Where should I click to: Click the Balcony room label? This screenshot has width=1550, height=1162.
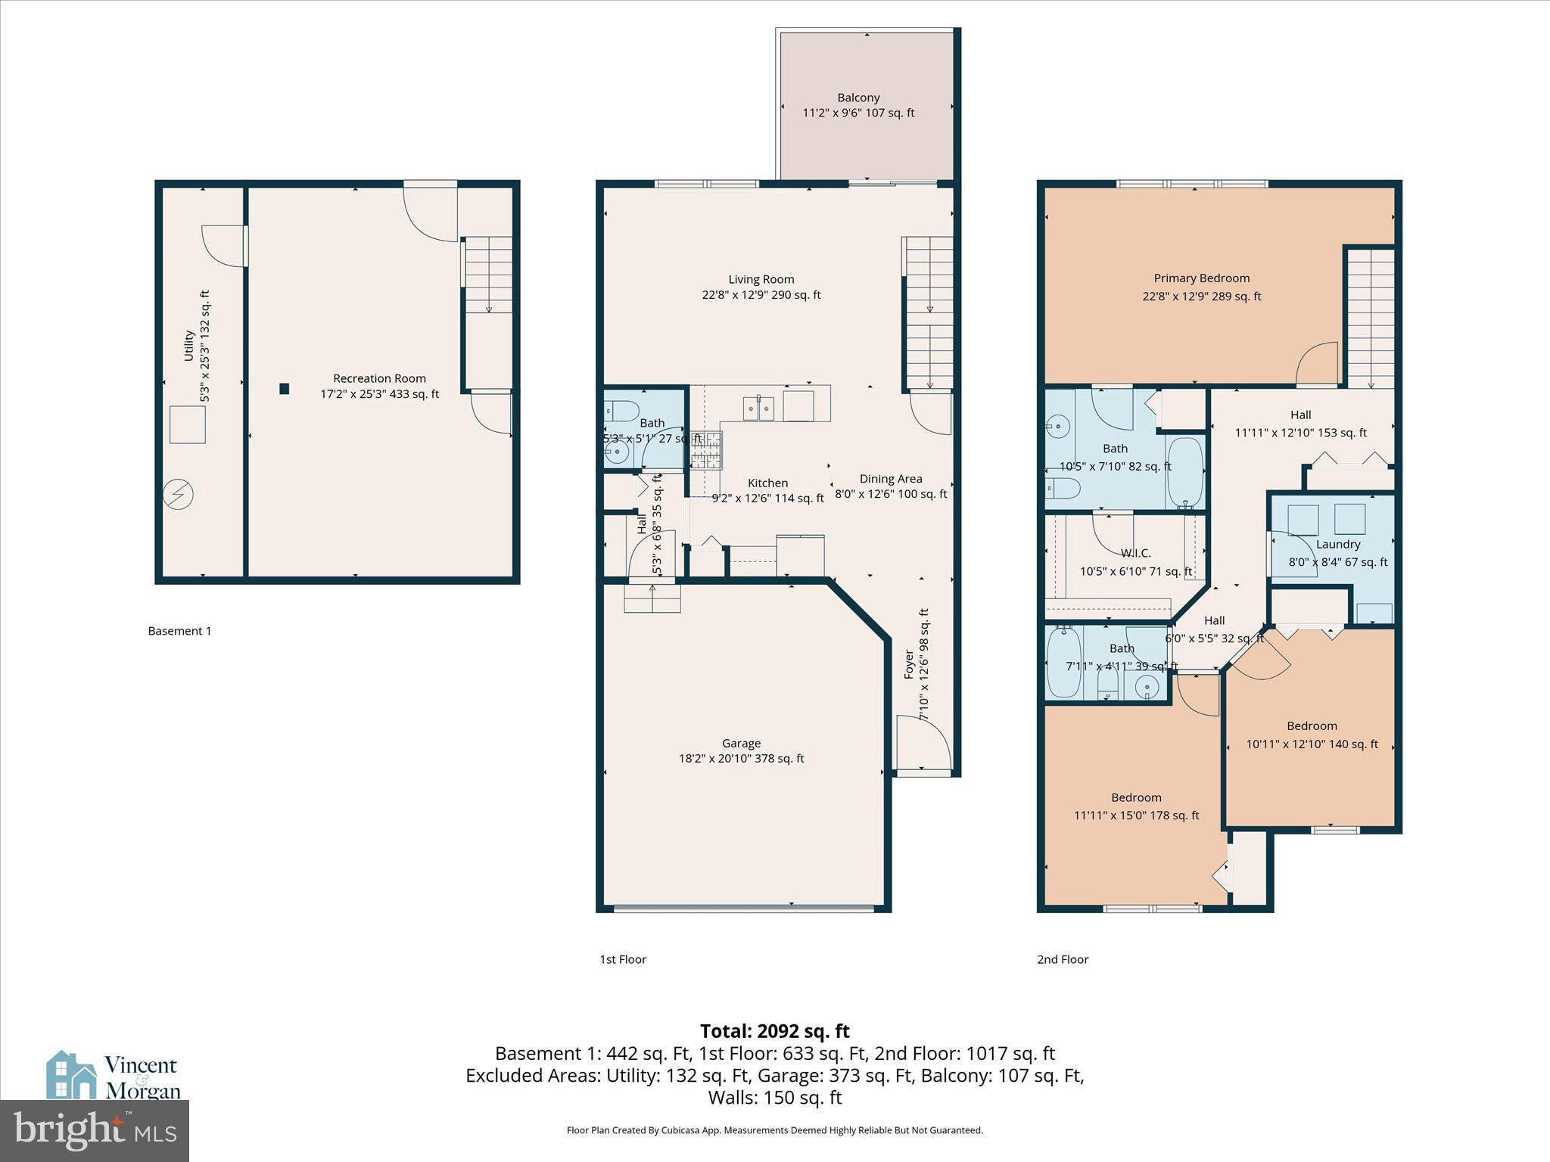point(858,98)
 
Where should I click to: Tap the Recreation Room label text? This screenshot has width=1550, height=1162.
point(379,378)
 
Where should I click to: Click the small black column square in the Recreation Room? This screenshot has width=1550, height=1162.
point(285,389)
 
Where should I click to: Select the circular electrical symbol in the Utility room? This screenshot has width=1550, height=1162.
point(179,495)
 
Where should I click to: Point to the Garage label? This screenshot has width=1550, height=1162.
point(741,743)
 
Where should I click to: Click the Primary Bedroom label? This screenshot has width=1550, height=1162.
point(1201,278)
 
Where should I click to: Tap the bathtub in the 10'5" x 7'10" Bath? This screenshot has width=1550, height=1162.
point(1184,473)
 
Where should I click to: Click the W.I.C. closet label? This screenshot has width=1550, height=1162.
point(1135,553)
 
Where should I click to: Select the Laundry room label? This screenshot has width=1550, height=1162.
point(1338,544)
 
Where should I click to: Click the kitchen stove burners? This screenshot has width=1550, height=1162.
point(705,450)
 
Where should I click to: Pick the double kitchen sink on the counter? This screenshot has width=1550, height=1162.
point(758,409)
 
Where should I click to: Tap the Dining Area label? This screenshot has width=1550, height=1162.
point(891,479)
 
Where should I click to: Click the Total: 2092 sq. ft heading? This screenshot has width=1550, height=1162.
point(774,1031)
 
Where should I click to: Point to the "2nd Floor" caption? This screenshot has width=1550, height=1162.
point(1063,959)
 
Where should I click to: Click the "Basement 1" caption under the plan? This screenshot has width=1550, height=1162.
point(179,631)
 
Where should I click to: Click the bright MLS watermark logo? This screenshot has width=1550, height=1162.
point(94,1130)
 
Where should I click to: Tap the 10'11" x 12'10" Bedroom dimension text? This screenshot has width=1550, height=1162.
point(1312,744)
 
